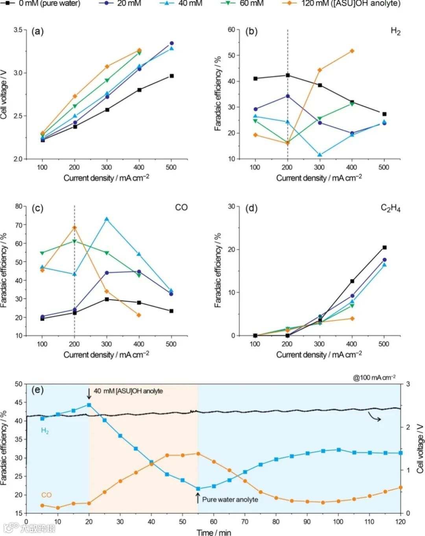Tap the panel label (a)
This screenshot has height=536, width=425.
37,31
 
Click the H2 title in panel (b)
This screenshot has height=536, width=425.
395,31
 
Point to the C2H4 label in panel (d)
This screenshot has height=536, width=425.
390,208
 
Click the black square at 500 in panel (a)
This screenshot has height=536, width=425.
171,76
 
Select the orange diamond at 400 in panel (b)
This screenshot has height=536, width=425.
352,51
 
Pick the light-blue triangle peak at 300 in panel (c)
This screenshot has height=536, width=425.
107,219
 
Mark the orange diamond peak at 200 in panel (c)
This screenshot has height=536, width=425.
74,227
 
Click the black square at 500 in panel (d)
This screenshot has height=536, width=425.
384,247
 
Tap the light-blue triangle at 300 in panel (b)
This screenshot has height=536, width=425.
320,155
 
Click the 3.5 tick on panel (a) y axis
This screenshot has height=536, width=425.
18,30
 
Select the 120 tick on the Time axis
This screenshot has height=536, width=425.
400,522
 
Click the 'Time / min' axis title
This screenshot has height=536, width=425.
214,532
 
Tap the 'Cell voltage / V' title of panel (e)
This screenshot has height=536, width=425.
420,448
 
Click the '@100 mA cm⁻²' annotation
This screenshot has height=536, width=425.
374,378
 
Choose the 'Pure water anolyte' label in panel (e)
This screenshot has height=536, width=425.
230,499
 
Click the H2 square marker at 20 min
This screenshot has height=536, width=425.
89,405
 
